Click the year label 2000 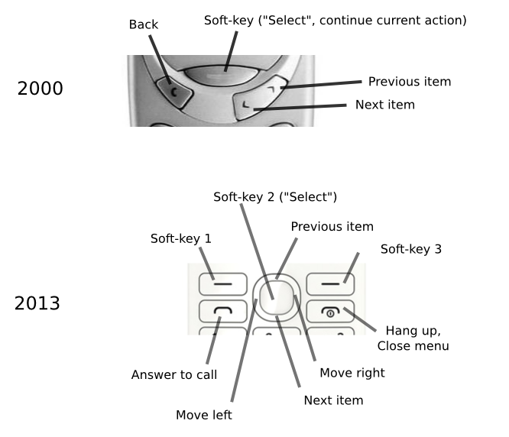pyautogui.click(x=40, y=89)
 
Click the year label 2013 pyautogui.click(x=37, y=304)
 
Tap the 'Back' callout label pyautogui.click(x=143, y=24)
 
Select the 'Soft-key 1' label pyautogui.click(x=180, y=239)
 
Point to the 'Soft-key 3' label pyautogui.click(x=411, y=249)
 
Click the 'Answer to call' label pyautogui.click(x=174, y=375)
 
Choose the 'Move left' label pyautogui.click(x=203, y=415)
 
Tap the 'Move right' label pyautogui.click(x=352, y=373)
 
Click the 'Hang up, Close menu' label pyautogui.click(x=413, y=338)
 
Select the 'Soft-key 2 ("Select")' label pyautogui.click(x=275, y=197)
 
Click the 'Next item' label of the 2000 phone pyautogui.click(x=384, y=105)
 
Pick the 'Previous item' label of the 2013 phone pyautogui.click(x=332, y=227)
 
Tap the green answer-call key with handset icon pyautogui.click(x=222, y=311)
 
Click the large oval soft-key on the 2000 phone pyautogui.click(x=225, y=75)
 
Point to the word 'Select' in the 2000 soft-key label pyautogui.click(x=287, y=21)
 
